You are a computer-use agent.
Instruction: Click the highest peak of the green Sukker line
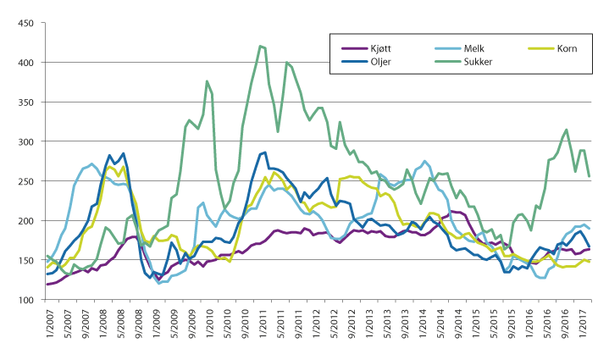(x=260, y=46)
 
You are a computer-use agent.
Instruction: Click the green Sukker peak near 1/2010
(x=207, y=81)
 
